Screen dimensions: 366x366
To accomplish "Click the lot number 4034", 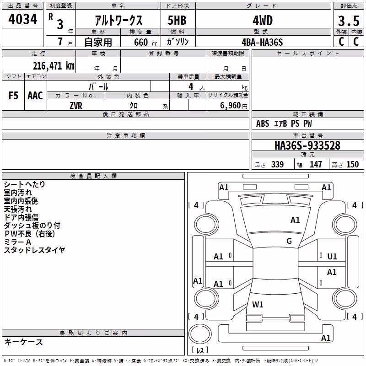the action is pyautogui.click(x=22, y=19).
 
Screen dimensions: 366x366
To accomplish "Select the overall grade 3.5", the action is pyautogui.click(x=349, y=21).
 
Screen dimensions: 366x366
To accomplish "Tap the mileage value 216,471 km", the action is pyautogui.click(x=54, y=66).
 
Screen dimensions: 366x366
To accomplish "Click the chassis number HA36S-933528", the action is pyautogui.click(x=307, y=145).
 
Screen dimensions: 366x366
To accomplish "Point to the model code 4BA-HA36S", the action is pyautogui.click(x=262, y=42).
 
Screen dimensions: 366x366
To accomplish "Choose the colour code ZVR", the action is pyautogui.click(x=76, y=106).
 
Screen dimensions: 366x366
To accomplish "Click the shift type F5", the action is pyautogui.click(x=13, y=96).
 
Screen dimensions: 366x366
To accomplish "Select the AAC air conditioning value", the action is pyautogui.click(x=35, y=96).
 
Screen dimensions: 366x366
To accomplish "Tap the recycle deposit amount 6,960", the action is pyautogui.click(x=231, y=106).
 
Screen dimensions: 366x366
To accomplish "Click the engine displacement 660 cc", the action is pyautogui.click(x=145, y=42).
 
